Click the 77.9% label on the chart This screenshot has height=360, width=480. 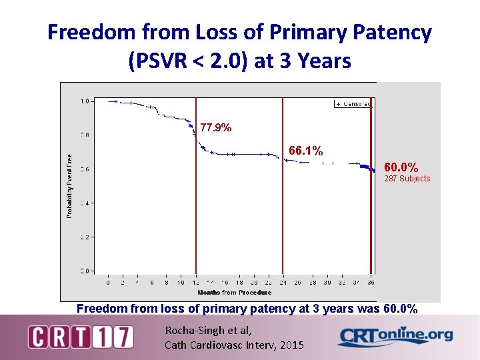click(216, 128)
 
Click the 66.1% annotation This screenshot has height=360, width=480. click(305, 151)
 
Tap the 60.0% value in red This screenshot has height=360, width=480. click(401, 167)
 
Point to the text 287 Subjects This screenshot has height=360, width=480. click(407, 179)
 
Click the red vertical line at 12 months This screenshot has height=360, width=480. click(196, 200)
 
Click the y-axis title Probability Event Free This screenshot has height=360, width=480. click(69, 186)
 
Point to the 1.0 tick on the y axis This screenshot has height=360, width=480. click(85, 101)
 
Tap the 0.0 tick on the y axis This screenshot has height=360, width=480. click(85, 271)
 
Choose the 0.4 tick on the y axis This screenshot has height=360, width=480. click(85, 203)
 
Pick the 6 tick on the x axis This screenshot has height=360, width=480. click(152, 283)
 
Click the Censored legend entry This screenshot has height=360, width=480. click(353, 104)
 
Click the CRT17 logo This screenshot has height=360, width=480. click(80, 337)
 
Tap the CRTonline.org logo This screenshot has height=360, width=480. click(395, 336)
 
